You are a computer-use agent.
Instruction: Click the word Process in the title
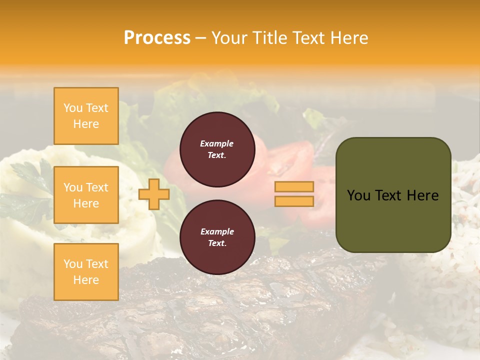pyautogui.click(x=157, y=38)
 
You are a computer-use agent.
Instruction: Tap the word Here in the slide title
pyautogui.click(x=346, y=38)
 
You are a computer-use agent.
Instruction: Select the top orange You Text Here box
pyautogui.click(x=86, y=116)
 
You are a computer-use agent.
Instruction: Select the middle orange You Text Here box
pyautogui.click(x=86, y=195)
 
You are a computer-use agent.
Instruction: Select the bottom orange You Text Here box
pyautogui.click(x=86, y=272)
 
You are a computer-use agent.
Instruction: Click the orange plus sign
pyautogui.click(x=153, y=194)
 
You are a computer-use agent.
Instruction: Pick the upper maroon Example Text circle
pyautogui.click(x=217, y=149)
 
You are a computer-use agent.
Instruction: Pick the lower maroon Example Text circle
pyautogui.click(x=217, y=237)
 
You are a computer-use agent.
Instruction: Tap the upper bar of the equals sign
pyautogui.click(x=294, y=186)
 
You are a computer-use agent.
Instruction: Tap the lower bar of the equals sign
pyautogui.click(x=294, y=201)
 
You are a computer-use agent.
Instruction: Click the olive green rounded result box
pyautogui.click(x=393, y=220)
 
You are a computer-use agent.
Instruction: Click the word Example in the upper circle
pyautogui.click(x=217, y=143)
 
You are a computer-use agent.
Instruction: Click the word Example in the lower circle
pyautogui.click(x=217, y=231)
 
